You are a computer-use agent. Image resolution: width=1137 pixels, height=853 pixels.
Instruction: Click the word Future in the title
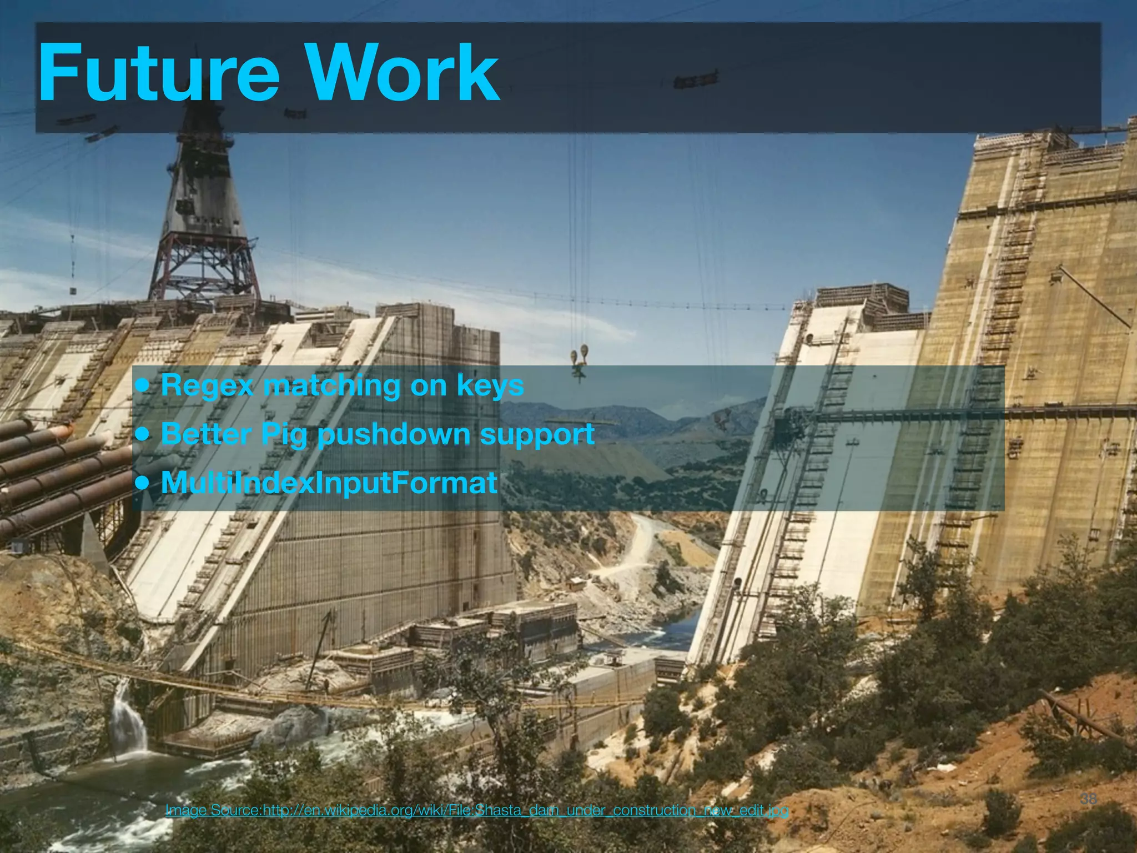pyautogui.click(x=159, y=73)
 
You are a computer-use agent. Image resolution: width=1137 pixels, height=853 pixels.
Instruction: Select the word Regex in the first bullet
pyautogui.click(x=207, y=385)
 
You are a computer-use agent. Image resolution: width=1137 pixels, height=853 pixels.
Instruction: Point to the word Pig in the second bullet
pyautogui.click(x=284, y=434)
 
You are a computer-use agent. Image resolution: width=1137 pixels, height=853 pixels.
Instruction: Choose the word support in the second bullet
pyautogui.click(x=537, y=434)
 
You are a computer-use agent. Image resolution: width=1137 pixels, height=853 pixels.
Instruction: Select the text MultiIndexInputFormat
pyautogui.click(x=329, y=483)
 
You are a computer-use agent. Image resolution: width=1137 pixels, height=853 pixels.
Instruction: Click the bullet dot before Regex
pyautogui.click(x=143, y=385)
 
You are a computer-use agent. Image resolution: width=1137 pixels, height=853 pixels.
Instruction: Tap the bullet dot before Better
pyautogui.click(x=143, y=434)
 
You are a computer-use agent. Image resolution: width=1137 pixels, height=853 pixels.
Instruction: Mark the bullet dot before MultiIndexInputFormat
pyautogui.click(x=143, y=483)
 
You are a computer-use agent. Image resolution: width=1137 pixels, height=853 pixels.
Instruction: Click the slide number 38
pyautogui.click(x=1089, y=799)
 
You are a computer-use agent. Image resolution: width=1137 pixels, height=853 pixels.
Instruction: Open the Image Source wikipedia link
pyautogui.click(x=476, y=811)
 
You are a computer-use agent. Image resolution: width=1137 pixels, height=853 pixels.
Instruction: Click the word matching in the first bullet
pyautogui.click(x=331, y=385)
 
